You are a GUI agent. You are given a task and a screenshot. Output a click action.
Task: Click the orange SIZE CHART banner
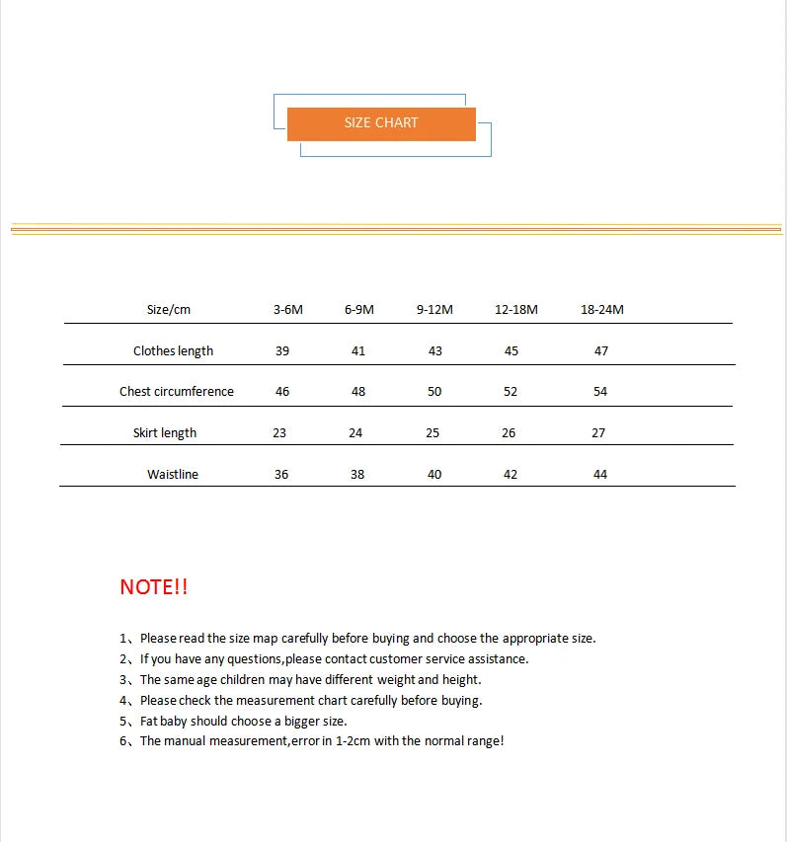381,123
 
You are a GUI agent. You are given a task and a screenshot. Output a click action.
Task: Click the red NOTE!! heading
153,587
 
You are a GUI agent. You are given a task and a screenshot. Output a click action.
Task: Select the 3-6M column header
288,309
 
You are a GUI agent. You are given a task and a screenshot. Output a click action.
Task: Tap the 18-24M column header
602,309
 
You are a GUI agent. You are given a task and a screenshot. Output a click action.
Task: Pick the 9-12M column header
434,309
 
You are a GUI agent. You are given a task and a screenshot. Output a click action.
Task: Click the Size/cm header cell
169,309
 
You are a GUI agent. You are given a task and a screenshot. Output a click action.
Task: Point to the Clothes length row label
173,350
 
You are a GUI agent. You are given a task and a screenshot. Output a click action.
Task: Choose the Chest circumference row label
177,391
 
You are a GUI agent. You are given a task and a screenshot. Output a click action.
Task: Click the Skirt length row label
165,432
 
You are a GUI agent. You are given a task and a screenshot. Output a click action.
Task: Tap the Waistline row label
173,474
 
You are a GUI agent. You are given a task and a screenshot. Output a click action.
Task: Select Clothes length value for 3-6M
282,350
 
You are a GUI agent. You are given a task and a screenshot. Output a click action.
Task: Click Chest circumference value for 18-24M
600,391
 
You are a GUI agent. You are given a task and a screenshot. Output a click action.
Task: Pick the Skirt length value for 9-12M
432,432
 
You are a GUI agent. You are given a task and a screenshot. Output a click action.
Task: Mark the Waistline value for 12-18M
511,474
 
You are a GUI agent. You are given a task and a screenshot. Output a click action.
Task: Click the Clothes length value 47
601,350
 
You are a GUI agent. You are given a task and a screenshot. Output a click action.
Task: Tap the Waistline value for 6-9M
357,474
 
